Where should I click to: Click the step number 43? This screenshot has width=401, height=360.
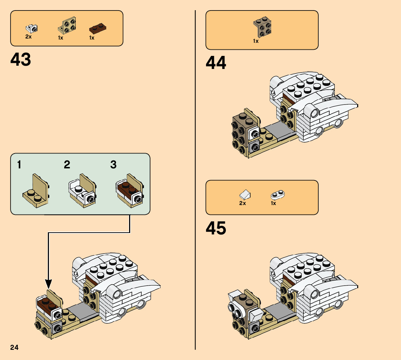tap(21, 60)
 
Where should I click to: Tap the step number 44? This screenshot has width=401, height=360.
tap(216, 63)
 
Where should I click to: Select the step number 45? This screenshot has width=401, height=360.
tap(216, 228)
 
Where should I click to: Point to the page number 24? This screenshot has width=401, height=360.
tap(15, 348)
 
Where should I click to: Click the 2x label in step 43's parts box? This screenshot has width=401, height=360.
tap(29, 37)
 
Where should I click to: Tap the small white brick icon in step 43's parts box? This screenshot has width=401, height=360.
tap(32, 28)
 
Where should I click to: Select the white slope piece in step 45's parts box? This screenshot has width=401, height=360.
tap(245, 195)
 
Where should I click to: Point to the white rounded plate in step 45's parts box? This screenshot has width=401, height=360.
tap(278, 195)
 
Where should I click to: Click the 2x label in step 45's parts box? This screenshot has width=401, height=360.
tap(243, 203)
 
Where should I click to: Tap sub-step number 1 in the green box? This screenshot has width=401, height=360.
tap(19, 165)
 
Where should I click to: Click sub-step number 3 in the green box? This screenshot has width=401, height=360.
tap(113, 165)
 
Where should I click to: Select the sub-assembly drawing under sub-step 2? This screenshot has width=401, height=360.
tap(82, 191)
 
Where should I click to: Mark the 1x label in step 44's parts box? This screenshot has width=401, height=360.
tap(256, 41)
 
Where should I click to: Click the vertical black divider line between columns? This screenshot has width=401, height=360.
tap(195, 181)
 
